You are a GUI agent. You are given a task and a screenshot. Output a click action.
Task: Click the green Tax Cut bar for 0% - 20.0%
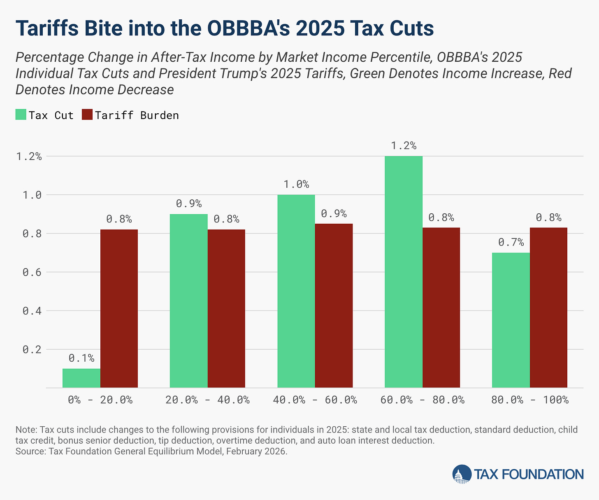(x=81, y=378)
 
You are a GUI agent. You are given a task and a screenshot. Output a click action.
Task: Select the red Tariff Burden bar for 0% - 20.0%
(x=119, y=308)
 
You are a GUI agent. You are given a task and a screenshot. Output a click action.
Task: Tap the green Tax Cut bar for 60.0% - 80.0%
(x=403, y=272)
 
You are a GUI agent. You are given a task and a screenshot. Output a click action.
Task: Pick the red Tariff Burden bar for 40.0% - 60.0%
(x=334, y=306)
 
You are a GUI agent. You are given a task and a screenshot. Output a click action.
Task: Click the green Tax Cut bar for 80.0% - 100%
(x=511, y=320)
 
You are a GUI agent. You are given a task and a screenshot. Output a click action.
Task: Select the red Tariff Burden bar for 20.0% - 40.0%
(x=226, y=308)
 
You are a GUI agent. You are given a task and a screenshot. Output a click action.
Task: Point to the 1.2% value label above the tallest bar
(x=403, y=146)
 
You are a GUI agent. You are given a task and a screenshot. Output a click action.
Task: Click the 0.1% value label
(x=81, y=358)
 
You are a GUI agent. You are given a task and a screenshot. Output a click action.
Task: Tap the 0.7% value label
(x=511, y=242)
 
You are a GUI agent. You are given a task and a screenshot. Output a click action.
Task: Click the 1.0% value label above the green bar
(x=296, y=184)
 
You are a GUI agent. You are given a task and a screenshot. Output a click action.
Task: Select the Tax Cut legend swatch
(x=21, y=115)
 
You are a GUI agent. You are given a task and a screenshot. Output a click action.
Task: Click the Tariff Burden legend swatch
(x=87, y=115)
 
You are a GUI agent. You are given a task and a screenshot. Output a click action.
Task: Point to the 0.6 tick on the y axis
(x=32, y=272)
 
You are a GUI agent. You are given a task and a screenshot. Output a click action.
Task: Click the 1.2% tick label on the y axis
(x=29, y=157)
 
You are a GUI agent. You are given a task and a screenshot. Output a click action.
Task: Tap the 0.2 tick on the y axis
(x=32, y=350)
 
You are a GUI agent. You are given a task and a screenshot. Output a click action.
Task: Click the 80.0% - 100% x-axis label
(x=530, y=400)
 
